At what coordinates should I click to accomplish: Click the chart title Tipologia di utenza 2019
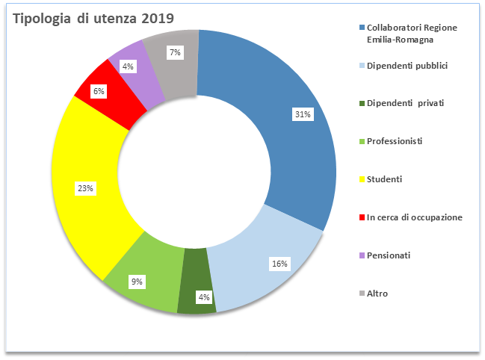[93, 19]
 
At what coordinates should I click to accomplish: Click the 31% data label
[303, 114]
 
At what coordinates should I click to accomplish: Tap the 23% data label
[85, 188]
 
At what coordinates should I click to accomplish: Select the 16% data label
[278, 264]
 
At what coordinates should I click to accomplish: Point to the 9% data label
[138, 282]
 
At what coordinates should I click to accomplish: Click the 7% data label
[175, 52]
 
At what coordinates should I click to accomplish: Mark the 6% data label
[99, 91]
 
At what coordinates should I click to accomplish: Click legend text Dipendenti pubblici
[407, 66]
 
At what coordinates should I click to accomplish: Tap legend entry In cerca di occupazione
[414, 217]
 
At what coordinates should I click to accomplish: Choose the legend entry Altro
[377, 293]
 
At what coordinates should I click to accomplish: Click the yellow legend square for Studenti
[361, 180]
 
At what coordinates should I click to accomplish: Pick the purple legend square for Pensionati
[361, 256]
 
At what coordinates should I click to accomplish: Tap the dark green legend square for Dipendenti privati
[361, 103]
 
